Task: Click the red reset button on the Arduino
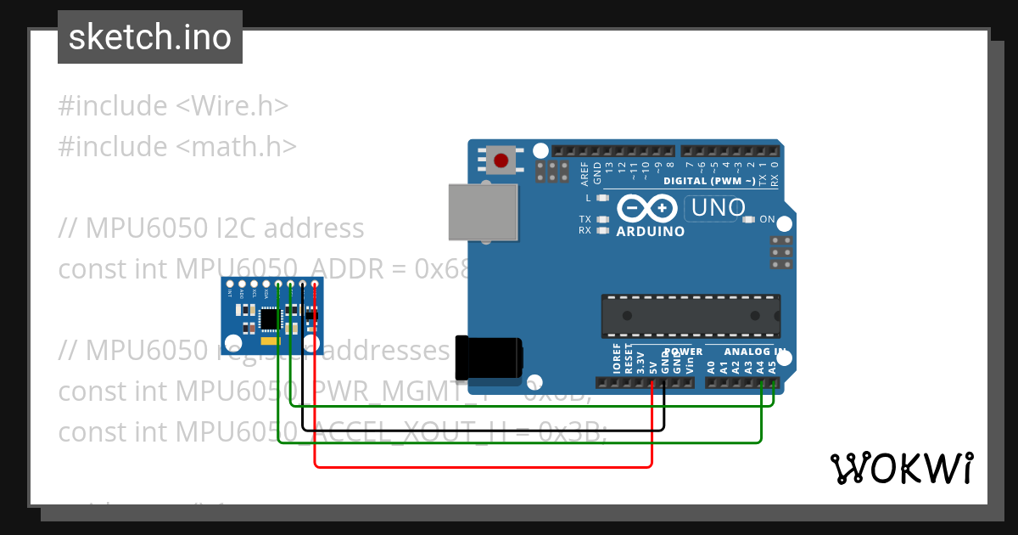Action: click(x=501, y=160)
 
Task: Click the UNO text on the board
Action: click(x=719, y=207)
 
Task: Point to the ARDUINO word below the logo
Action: click(x=651, y=231)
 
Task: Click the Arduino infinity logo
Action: click(x=646, y=208)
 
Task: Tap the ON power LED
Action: click(x=748, y=219)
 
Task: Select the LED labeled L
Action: click(x=603, y=198)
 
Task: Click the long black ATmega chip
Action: click(x=690, y=314)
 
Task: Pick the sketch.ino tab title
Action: click(x=150, y=37)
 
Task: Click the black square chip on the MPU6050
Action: click(x=269, y=318)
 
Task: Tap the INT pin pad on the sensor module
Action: click(x=230, y=284)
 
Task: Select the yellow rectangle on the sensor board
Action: click(x=270, y=340)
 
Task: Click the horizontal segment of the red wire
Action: click(x=484, y=466)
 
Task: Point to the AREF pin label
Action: click(x=585, y=174)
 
